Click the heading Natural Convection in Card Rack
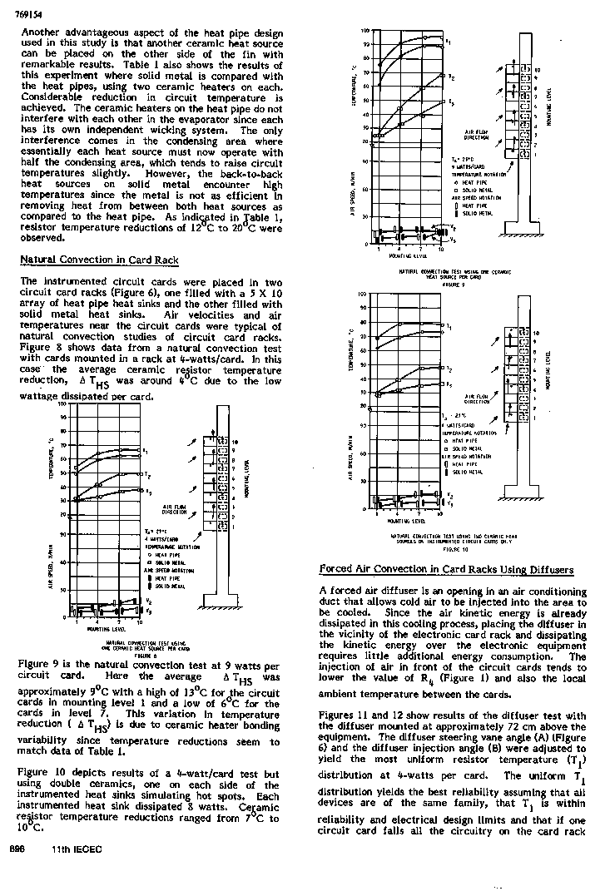[99, 260]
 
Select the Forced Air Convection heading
[446, 570]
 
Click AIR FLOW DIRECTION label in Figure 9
[476, 136]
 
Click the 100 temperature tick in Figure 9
[364, 31]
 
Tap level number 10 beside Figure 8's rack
[235, 441]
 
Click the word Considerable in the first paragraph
[52, 98]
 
